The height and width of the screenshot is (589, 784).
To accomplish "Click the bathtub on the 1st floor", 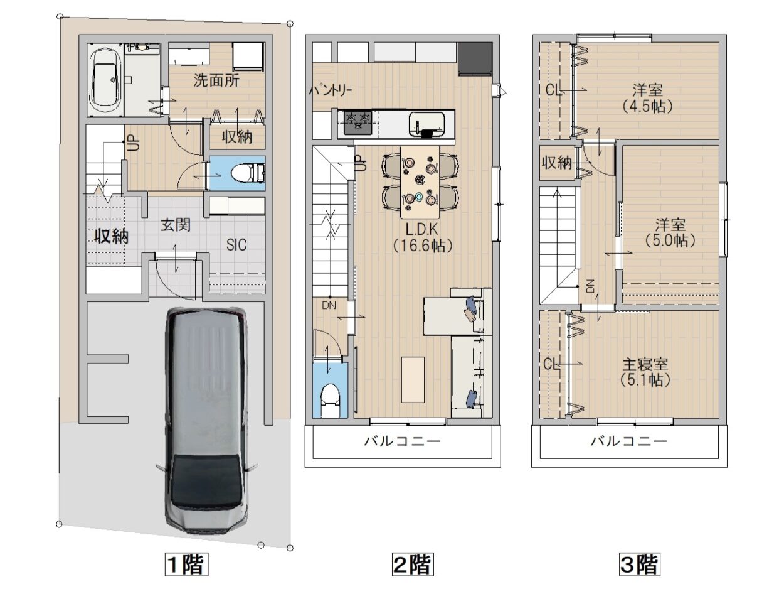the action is [x=105, y=80].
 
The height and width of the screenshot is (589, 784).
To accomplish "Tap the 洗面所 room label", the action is [x=216, y=81].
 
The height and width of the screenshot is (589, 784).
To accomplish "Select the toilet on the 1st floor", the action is [x=247, y=173].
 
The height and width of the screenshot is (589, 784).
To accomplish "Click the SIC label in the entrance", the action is [x=236, y=245].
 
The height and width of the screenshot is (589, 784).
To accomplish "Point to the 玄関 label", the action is [x=176, y=225].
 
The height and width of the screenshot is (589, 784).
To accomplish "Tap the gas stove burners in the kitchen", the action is [x=358, y=122].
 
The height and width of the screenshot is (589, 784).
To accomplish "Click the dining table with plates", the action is [x=420, y=181].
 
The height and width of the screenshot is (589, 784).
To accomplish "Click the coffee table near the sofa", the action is [x=413, y=380].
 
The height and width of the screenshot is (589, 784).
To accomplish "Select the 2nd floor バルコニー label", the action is [x=403, y=441].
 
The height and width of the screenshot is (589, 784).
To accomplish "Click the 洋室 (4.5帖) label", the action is [x=647, y=98].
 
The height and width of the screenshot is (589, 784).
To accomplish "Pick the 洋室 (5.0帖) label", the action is [x=670, y=233].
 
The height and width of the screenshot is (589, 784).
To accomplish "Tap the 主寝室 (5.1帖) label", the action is [x=645, y=372].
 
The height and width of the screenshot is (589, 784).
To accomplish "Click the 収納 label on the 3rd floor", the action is [x=557, y=163].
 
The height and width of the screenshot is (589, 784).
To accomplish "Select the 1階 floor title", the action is [x=186, y=565].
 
